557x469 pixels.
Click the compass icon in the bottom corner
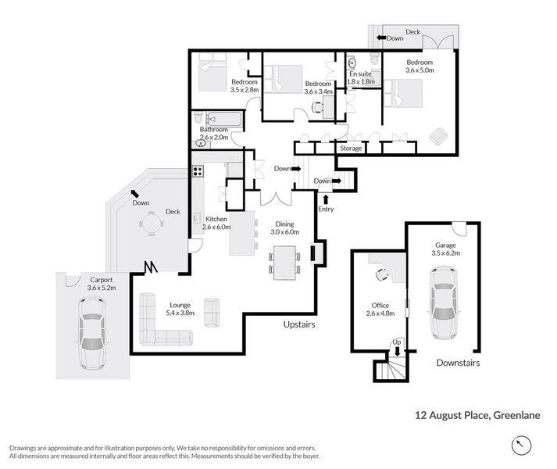coord(521,445)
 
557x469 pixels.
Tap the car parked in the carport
coord(92,333)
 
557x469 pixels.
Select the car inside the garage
coord(444,303)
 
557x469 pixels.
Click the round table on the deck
coord(152,224)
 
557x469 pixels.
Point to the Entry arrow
coord(326,199)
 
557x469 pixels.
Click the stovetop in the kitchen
coord(198,171)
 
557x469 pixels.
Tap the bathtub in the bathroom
coord(224,119)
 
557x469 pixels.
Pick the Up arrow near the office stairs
coord(397,351)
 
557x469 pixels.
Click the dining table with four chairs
coord(284,263)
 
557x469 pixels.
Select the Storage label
coord(351,148)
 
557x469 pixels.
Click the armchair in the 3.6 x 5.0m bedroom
coord(439,136)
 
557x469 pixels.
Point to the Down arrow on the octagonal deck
coord(134,193)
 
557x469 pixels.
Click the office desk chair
coord(382,274)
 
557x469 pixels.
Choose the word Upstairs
coord(299,324)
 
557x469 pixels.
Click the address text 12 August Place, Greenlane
coord(477,415)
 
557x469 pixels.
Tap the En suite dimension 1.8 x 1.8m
coord(361,81)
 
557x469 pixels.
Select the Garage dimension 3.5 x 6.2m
coord(445,253)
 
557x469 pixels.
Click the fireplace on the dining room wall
coord(318,252)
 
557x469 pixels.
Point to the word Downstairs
coord(458,363)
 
